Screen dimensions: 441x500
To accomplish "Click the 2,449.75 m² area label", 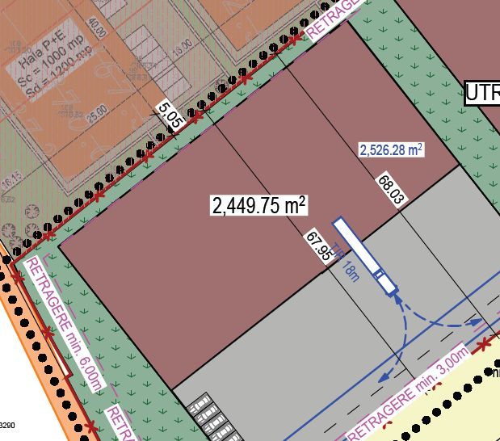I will [259, 205].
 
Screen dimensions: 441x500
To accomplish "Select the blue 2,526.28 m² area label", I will [392, 149].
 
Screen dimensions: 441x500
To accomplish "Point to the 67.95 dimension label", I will [317, 247].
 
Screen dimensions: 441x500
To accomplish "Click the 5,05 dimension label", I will [170, 111].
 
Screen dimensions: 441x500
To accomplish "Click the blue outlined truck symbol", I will [364, 254].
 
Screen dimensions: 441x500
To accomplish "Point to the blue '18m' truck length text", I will [350, 271].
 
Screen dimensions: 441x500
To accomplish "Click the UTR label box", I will [482, 93].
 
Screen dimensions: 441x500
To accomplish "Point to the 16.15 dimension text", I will [11, 178].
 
